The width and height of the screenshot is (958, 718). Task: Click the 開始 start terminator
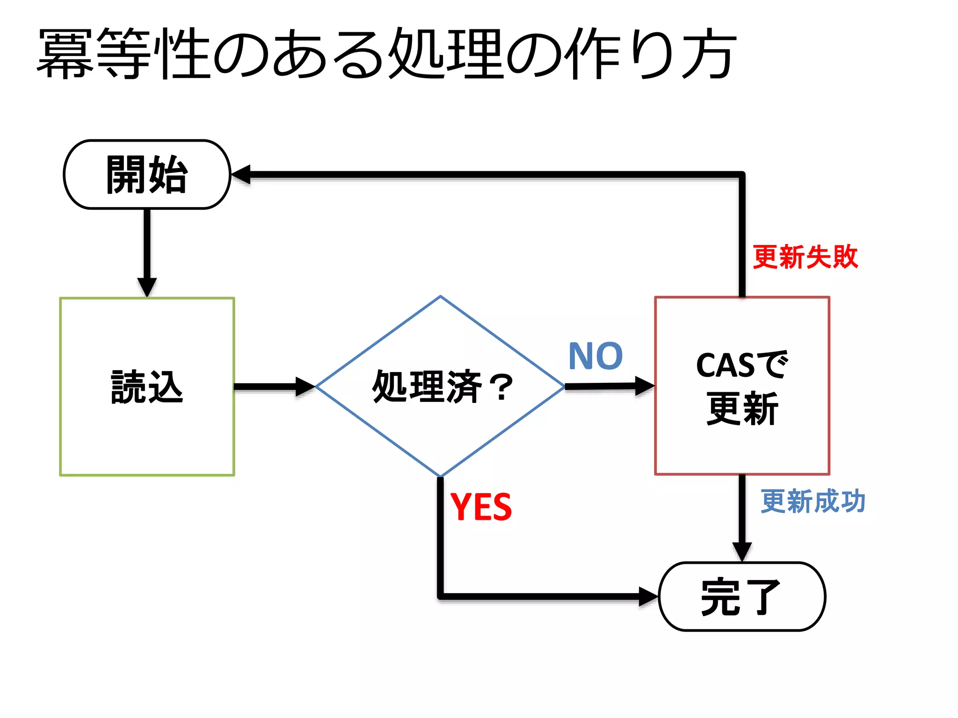coord(147,174)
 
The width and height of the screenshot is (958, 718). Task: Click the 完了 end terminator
coord(742,596)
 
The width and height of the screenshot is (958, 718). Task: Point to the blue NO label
coord(595,356)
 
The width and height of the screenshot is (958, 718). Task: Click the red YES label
coord(481,507)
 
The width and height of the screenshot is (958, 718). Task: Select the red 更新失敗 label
coord(805,257)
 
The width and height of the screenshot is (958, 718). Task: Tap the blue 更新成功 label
coord(813,502)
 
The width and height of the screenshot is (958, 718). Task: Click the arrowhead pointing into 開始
coord(241,174)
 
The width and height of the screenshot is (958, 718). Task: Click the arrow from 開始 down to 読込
coord(147,252)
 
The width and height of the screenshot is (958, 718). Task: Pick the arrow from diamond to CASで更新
coord(608,386)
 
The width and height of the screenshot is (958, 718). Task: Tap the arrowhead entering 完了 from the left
coord(648,596)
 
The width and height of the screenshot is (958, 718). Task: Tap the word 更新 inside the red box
coord(742,409)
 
